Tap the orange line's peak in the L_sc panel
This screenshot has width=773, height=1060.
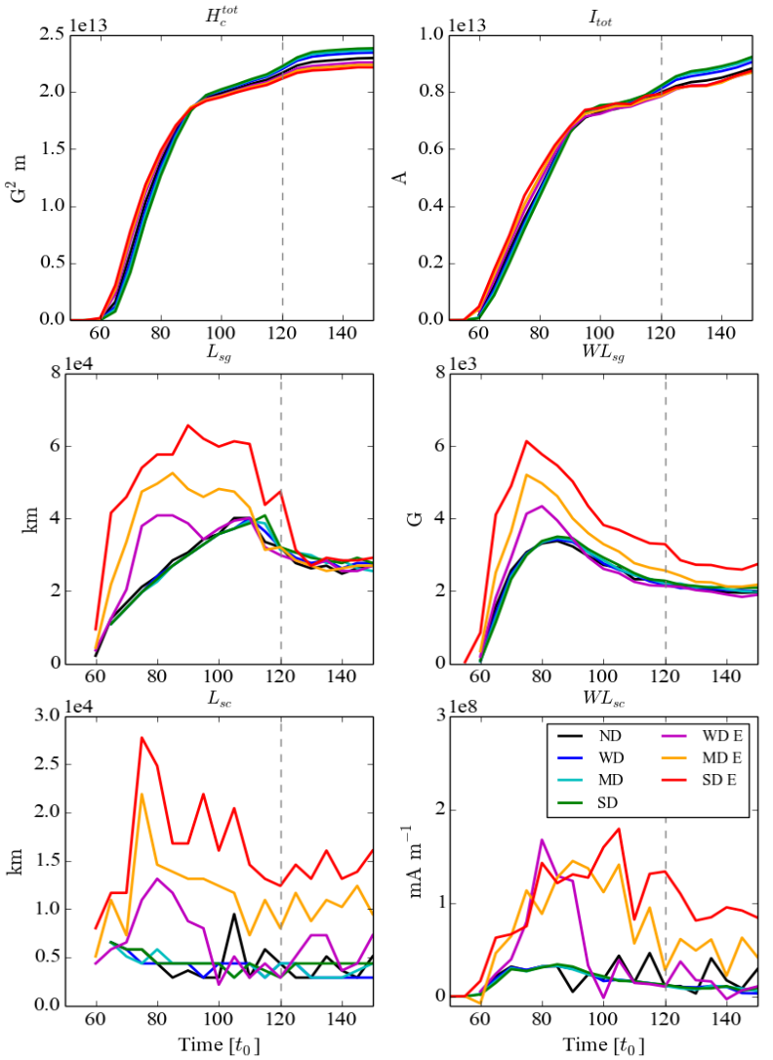click(x=142, y=794)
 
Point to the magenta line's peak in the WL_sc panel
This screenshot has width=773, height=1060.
click(x=542, y=839)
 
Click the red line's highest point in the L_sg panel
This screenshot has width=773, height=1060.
click(x=188, y=426)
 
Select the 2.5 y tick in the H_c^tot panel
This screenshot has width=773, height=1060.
click(x=55, y=35)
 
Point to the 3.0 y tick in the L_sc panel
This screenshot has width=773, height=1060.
click(x=55, y=716)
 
